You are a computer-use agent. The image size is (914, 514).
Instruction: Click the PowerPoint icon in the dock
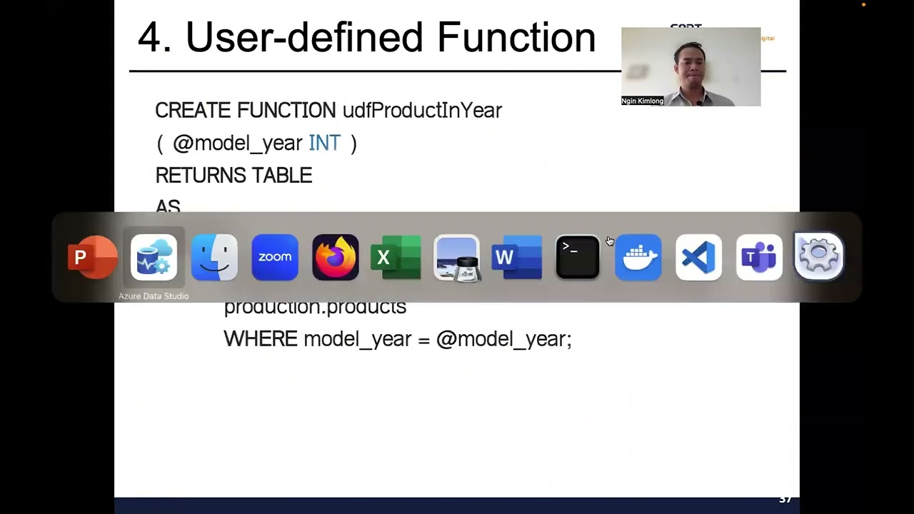pos(92,257)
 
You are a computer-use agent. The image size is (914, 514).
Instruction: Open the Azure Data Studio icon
pos(154,257)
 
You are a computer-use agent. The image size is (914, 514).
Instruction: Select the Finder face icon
pos(214,257)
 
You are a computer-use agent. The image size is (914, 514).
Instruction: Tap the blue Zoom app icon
pos(275,257)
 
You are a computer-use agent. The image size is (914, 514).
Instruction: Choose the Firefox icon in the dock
pos(336,257)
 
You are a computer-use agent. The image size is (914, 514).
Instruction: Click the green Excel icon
pos(396,257)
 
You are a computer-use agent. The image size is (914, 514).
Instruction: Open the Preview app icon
pos(456,257)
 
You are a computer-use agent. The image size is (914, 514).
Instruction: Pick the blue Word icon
pos(517,257)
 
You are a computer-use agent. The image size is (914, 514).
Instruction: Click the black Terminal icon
pos(577,257)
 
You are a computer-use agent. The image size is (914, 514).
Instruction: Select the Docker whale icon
pos(638,257)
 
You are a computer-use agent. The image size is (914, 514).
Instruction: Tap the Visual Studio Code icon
pos(698,257)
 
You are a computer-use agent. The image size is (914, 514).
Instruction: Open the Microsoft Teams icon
pos(758,257)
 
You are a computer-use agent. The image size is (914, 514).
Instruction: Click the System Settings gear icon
pos(819,256)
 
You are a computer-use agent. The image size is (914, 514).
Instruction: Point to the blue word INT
pos(324,143)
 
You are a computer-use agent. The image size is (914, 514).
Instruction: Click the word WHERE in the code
pos(260,339)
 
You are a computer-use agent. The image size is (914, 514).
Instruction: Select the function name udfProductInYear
pos(422,111)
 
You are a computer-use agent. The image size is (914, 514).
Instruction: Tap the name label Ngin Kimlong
pos(643,101)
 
